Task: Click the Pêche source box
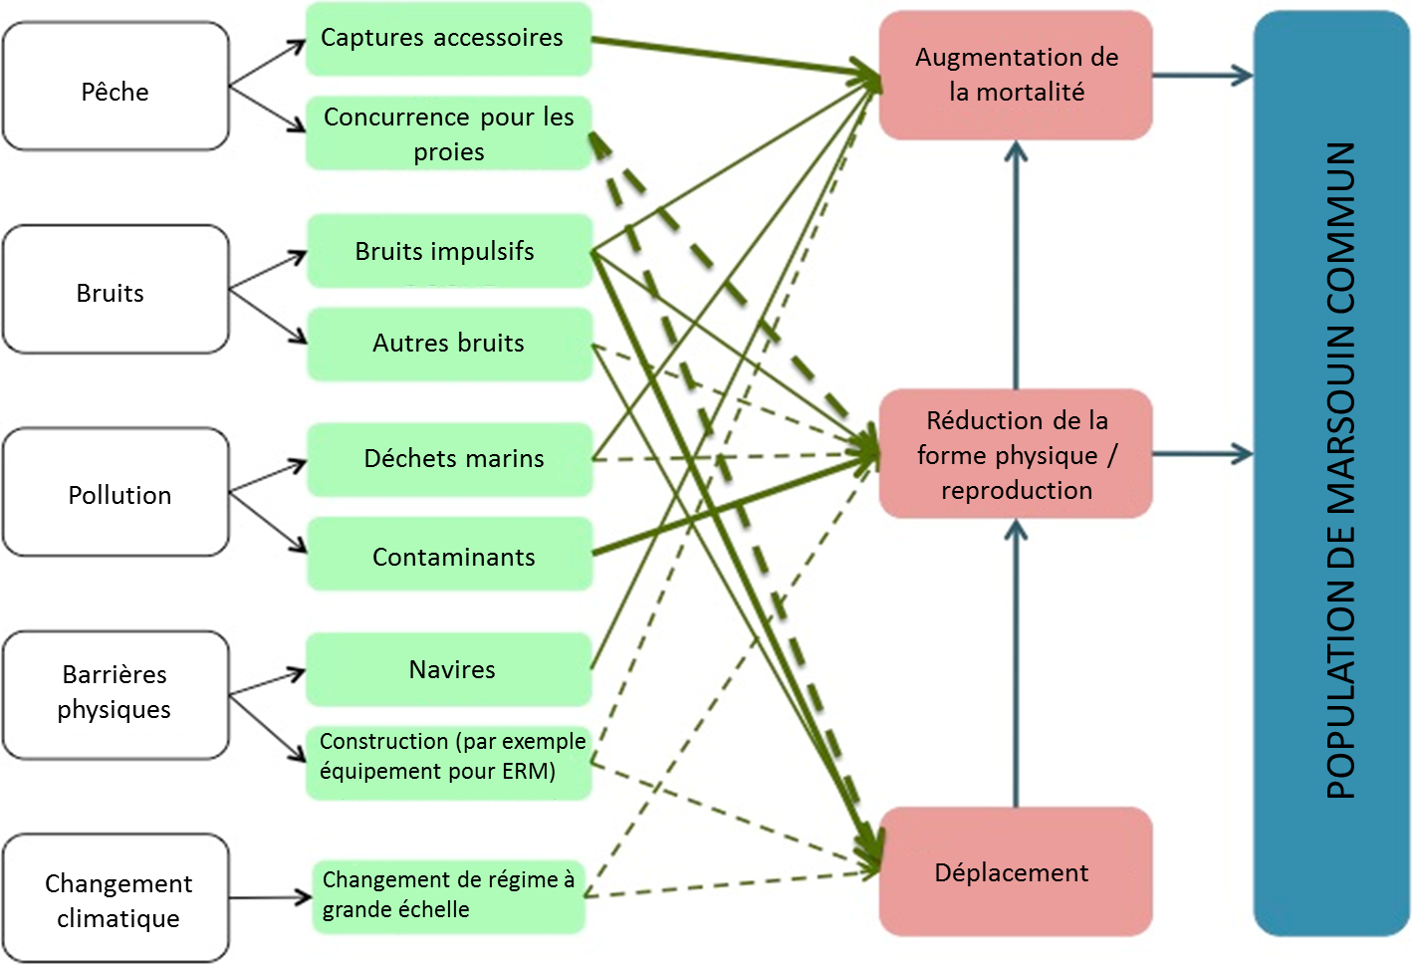coord(116,88)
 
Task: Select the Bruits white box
coord(116,290)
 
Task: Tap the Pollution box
coord(116,493)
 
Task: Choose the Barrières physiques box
coord(116,695)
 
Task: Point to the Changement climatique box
coord(116,898)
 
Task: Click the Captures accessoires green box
coord(448,39)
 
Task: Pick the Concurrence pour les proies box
coord(448,132)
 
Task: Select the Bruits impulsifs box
coord(449,251)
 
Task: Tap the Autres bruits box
coord(449,344)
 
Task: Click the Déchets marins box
coord(449,459)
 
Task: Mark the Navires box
coord(449,669)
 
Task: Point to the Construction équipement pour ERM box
coord(448,762)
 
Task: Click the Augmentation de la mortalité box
coord(1016,76)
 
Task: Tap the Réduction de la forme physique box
coord(1016,454)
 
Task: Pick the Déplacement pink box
coord(1016,872)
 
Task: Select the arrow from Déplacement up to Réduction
coord(1016,662)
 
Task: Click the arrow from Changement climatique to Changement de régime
coord(270,898)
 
